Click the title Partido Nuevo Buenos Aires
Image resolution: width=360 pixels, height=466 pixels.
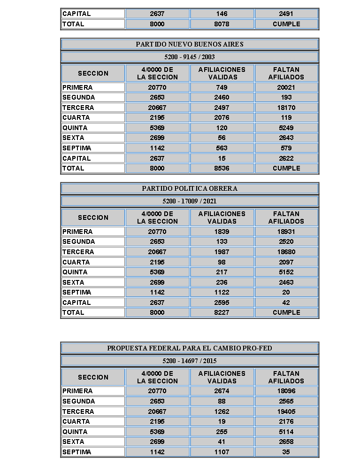[190, 44]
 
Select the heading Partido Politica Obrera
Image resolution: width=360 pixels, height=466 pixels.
[190, 188]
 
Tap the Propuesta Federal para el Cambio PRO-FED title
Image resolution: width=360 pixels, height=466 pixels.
[190, 348]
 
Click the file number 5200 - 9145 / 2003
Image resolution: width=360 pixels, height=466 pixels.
[190, 57]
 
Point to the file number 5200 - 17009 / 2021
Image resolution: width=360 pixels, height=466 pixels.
[190, 201]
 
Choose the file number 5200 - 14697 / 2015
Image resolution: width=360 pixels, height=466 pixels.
[190, 361]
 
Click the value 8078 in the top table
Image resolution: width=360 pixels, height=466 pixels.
[222, 24]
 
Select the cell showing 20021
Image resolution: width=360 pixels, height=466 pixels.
[286, 87]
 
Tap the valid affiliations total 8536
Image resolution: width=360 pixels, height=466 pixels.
[222, 168]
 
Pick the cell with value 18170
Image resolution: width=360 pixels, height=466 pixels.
[286, 108]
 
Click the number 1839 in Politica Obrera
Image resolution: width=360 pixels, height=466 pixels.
[222, 232]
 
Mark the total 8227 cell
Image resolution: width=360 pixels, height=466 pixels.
[222, 312]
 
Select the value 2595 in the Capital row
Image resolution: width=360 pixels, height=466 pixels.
[222, 303]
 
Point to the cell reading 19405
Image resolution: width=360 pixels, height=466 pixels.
[286, 412]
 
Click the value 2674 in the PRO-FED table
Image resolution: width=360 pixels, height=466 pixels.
[222, 391]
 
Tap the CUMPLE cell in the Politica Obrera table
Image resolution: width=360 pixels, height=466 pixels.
[286, 312]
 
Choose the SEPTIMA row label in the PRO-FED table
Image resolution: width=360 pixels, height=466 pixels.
[77, 452]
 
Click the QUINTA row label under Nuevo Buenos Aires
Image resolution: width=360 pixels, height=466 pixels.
[75, 128]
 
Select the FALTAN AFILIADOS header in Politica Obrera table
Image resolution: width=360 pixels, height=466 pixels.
[286, 217]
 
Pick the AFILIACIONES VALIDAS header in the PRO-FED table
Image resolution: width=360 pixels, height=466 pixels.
[222, 377]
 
